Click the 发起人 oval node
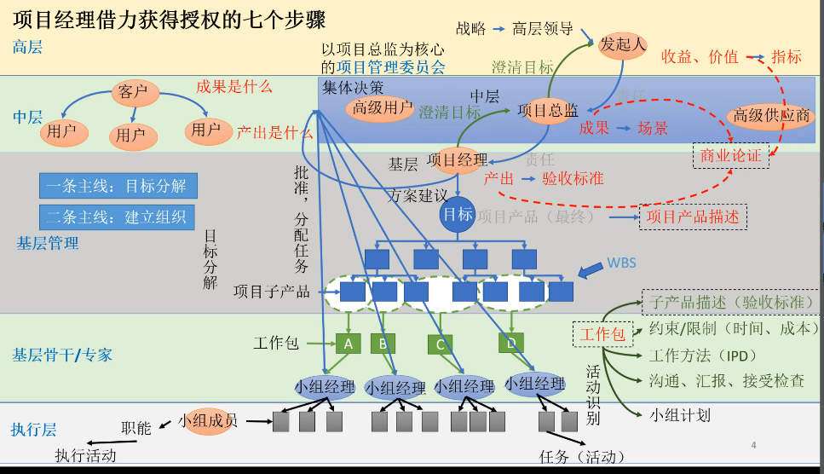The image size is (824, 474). point(624,44)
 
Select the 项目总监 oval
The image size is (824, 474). point(549,110)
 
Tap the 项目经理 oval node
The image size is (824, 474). point(458,159)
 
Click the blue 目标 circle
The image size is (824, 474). point(457,215)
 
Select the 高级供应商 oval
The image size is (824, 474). point(772,116)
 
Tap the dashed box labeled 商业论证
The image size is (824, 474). point(730,155)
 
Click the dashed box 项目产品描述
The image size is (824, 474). point(693,217)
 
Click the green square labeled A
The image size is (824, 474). point(348,344)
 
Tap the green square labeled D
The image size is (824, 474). point(510,343)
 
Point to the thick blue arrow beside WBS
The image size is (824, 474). point(589,269)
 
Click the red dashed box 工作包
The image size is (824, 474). point(603,334)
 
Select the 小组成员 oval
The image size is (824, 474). point(208,421)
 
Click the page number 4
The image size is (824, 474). point(753,445)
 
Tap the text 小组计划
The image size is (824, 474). point(680,415)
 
